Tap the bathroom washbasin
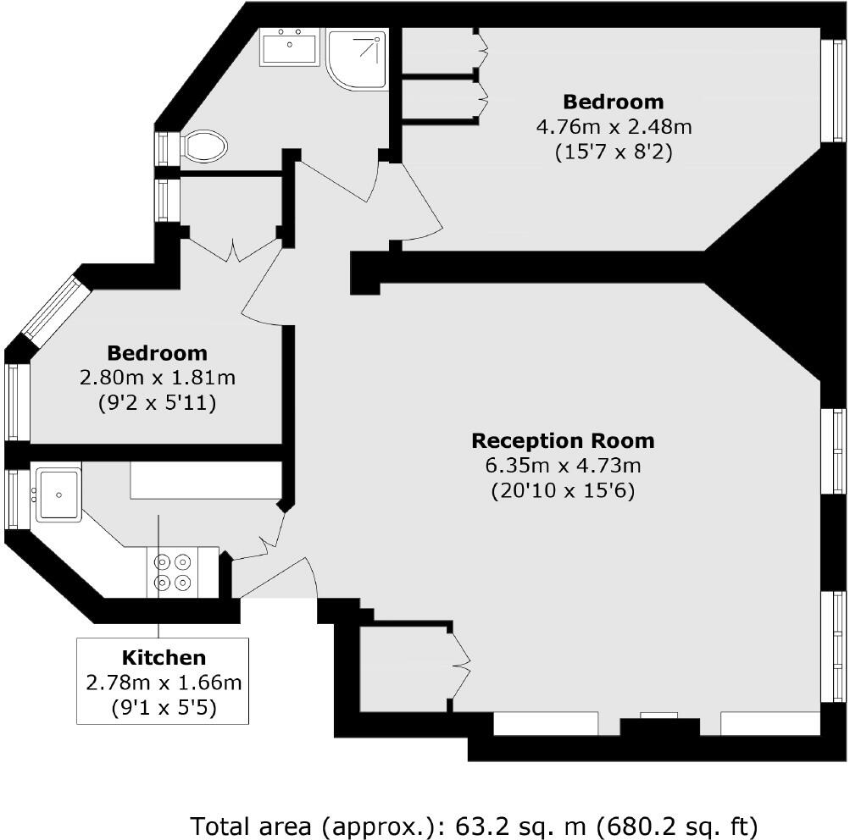[x=290, y=47]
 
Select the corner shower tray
[x=357, y=59]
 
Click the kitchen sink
[x=58, y=494]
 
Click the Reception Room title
[x=564, y=441]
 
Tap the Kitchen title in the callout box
[x=164, y=657]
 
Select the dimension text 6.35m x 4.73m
[x=564, y=465]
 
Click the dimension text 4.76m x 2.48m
[x=614, y=127]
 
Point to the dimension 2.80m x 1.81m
[x=158, y=378]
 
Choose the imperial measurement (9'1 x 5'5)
[x=164, y=707]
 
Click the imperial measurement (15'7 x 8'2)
[x=614, y=152]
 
